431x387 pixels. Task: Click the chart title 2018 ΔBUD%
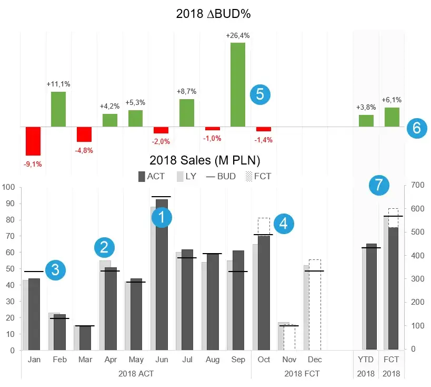click(213, 14)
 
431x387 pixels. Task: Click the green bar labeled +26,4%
click(238, 84)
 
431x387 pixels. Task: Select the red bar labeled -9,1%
click(33, 141)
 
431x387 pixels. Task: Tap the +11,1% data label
click(58, 84)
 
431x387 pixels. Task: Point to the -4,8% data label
click(84, 150)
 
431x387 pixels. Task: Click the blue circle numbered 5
click(260, 94)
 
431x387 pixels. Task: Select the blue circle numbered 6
click(417, 128)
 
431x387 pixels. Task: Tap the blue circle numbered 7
click(379, 185)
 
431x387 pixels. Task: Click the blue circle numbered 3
click(56, 269)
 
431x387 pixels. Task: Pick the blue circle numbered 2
click(104, 247)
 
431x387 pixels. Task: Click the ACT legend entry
click(151, 177)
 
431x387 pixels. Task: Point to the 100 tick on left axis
click(8, 187)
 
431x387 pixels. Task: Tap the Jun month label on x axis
click(162, 360)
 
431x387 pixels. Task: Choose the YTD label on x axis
click(365, 360)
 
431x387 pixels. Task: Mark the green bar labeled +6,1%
click(392, 117)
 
